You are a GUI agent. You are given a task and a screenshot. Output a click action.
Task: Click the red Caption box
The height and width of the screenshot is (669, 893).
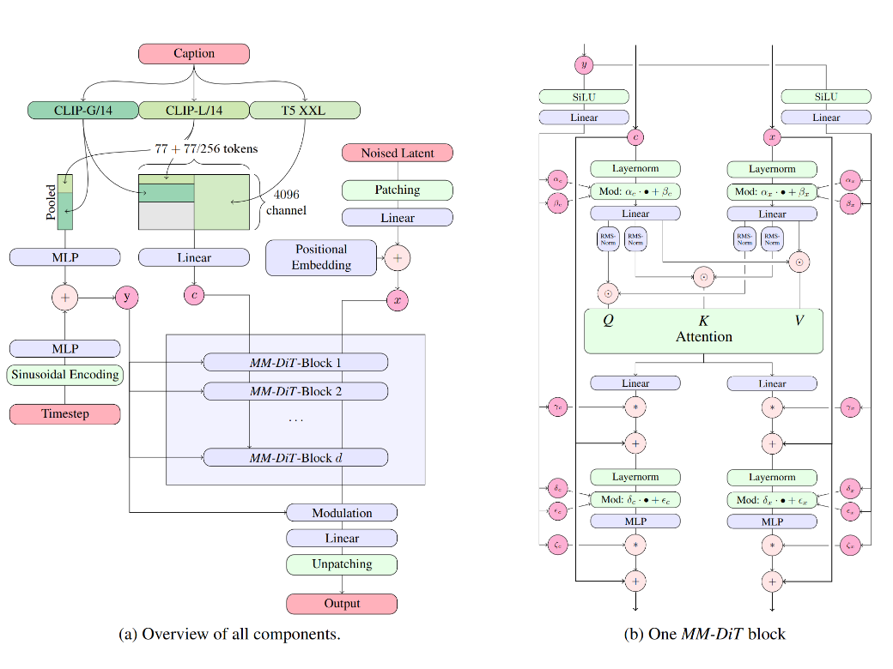click(x=194, y=53)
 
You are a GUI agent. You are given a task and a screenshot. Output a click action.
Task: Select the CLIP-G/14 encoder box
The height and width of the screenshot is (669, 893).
click(x=82, y=110)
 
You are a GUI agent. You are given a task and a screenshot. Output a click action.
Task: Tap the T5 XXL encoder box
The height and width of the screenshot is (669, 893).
click(x=305, y=110)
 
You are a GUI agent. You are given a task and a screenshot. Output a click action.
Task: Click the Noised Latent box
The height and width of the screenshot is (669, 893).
click(x=398, y=153)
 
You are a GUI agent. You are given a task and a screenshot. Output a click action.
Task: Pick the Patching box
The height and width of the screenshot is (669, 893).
click(x=398, y=190)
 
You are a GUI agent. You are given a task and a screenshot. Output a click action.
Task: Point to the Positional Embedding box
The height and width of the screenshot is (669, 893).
click(x=321, y=257)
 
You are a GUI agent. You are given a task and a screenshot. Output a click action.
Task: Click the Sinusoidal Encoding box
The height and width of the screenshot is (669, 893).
click(x=64, y=375)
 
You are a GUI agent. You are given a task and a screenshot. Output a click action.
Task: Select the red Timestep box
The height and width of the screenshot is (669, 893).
click(x=64, y=413)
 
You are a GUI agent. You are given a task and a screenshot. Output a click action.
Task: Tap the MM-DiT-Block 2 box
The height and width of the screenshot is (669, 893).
click(x=295, y=391)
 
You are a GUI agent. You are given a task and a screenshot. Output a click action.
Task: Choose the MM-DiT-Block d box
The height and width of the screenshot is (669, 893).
click(x=295, y=457)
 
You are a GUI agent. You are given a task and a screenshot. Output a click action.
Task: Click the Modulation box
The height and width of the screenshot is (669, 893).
click(x=342, y=513)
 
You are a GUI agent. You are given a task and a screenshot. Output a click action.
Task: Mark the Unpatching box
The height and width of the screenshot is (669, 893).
click(x=342, y=564)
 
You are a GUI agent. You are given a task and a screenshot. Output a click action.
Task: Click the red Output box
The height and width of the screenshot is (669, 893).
click(x=342, y=604)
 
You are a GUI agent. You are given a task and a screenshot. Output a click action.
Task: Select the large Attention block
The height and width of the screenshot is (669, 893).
click(x=703, y=330)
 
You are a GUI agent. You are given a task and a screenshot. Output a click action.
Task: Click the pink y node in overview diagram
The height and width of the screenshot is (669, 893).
click(x=127, y=297)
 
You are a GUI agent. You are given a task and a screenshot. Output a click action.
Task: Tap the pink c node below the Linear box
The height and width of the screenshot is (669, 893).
click(x=194, y=296)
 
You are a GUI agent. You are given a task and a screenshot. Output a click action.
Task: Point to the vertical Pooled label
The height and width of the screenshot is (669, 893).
click(x=51, y=202)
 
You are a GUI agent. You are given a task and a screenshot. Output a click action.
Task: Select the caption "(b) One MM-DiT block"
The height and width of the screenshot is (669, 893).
click(x=705, y=635)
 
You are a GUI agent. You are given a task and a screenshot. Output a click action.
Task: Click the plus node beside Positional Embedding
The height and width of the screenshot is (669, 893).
click(x=398, y=256)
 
